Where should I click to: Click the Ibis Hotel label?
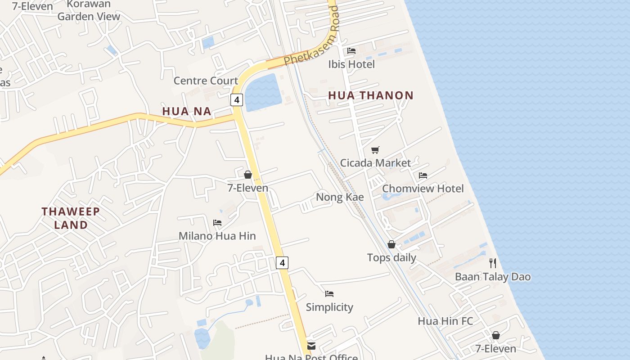coord(351,64)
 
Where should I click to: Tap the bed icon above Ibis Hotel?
coord(351,51)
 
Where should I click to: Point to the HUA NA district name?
coord(187,111)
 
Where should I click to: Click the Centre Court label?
coord(206,81)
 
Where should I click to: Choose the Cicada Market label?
coord(375,163)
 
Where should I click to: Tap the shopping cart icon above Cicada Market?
coord(375,150)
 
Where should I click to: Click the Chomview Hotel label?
coord(423,189)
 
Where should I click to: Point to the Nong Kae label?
coord(340,197)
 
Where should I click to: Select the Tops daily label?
coord(391,258)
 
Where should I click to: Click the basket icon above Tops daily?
coord(391,244)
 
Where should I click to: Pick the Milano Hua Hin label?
coord(217,236)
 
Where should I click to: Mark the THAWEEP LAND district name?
coord(71,218)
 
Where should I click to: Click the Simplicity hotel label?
coord(329,307)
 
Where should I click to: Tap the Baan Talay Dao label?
coord(493,277)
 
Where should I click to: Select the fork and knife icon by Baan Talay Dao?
coord(493,263)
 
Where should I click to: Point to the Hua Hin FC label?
coord(445,321)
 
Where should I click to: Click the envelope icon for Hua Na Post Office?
coord(311,346)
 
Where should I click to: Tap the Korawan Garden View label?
coord(89,10)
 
